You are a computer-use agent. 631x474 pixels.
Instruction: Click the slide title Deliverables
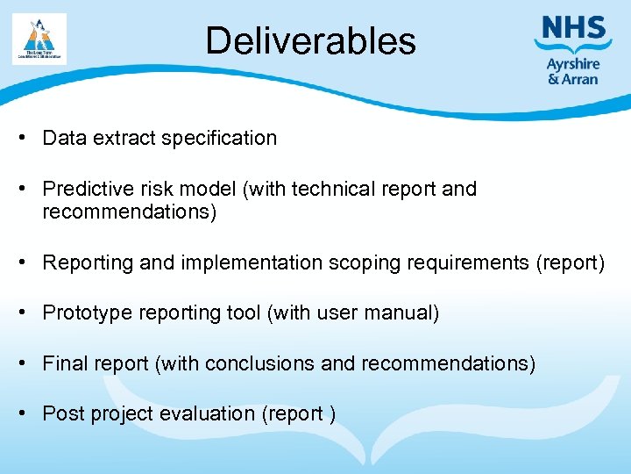(310, 41)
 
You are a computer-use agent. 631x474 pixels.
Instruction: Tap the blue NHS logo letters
(573, 28)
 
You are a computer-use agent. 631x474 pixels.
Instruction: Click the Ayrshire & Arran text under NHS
(572, 71)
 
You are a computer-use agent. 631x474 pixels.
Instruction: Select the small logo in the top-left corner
(39, 39)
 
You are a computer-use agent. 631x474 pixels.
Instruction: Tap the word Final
(63, 363)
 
